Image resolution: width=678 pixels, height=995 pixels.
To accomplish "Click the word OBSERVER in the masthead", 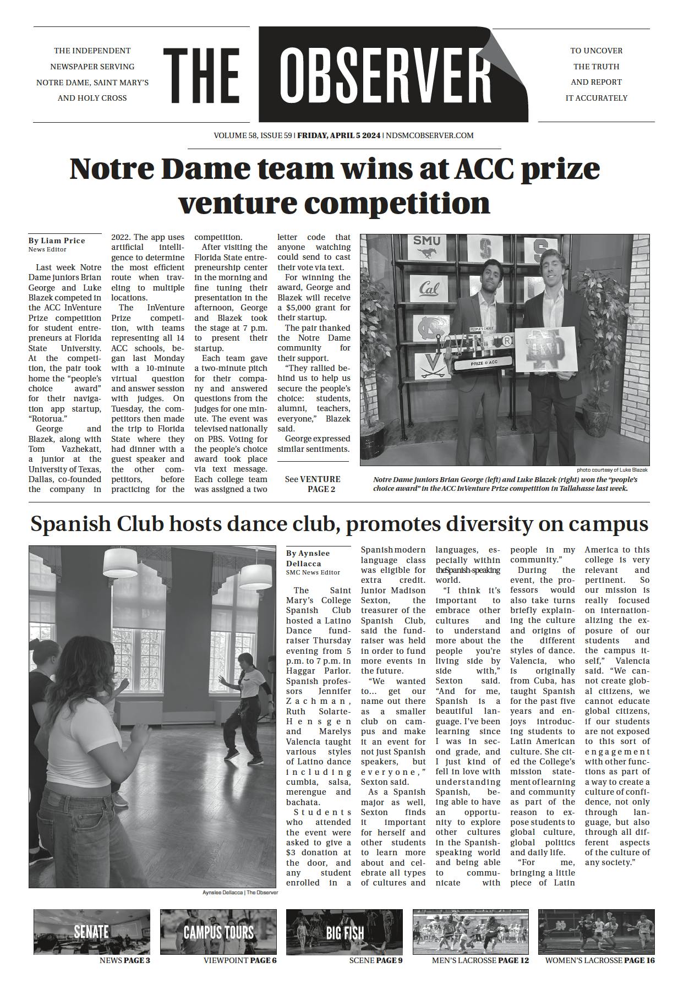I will point(385,74).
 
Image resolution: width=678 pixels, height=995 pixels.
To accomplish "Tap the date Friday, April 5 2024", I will point(338,135).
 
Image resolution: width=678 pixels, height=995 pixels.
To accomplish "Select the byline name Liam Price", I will point(63,240).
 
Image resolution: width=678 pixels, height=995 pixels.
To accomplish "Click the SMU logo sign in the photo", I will point(427,247).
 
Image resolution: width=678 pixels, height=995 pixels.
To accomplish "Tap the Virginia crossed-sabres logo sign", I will point(428,366).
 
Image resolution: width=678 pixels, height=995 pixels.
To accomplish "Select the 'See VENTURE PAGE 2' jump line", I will point(313,484).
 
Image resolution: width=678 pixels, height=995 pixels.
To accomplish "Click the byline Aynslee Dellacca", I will point(308,558).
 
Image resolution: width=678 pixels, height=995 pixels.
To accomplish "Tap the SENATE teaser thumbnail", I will point(91,931).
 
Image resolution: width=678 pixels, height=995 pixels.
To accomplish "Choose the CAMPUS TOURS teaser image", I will point(218,931).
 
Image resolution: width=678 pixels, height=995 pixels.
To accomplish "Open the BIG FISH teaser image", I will point(345,931).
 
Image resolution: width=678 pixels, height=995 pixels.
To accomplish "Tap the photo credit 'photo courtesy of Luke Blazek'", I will point(612,470).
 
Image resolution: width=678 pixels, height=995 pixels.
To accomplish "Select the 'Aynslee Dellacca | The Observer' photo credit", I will point(240,892).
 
